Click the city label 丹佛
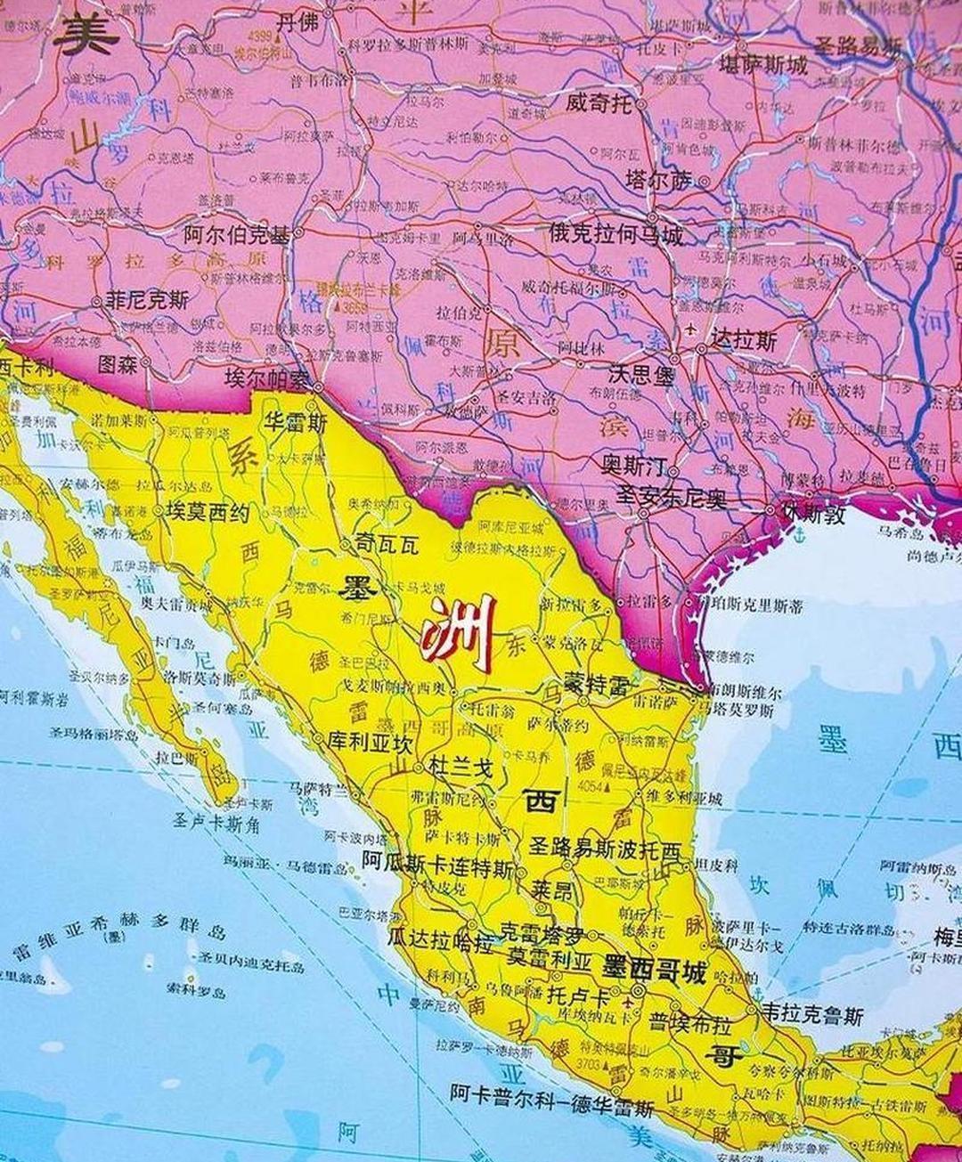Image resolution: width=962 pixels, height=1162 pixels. (x=297, y=22)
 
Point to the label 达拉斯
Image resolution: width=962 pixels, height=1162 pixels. (x=743, y=341)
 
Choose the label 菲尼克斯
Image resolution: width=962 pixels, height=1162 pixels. (x=147, y=301)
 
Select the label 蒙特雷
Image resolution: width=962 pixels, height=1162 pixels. (x=597, y=686)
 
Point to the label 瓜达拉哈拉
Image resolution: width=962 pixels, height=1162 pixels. (x=440, y=938)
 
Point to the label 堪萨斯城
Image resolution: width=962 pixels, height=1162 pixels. (x=763, y=65)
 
